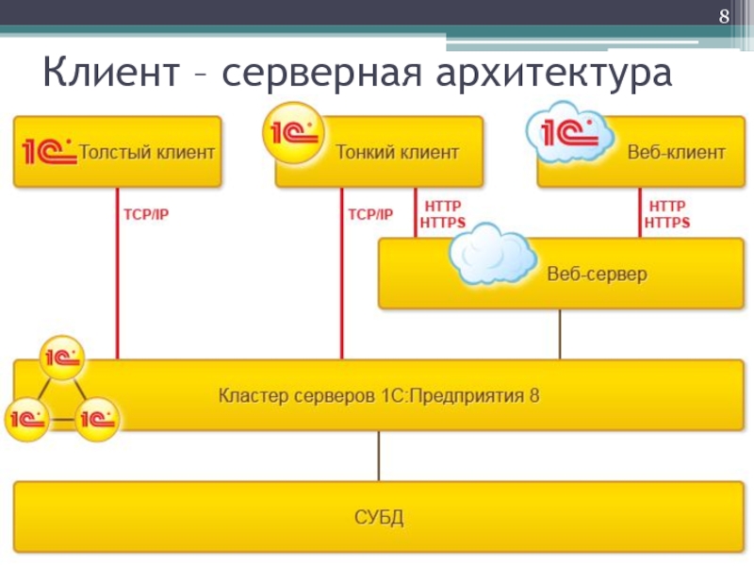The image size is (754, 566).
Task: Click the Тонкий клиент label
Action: point(398,151)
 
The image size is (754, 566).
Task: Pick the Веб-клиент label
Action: point(676,151)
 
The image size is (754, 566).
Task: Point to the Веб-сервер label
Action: point(598,275)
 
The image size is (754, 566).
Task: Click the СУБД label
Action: point(379,517)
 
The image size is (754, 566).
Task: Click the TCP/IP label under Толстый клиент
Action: point(146,215)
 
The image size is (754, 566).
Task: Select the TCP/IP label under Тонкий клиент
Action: point(370,215)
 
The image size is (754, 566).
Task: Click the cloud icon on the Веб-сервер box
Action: point(492,255)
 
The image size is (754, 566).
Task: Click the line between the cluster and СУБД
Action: point(379,456)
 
